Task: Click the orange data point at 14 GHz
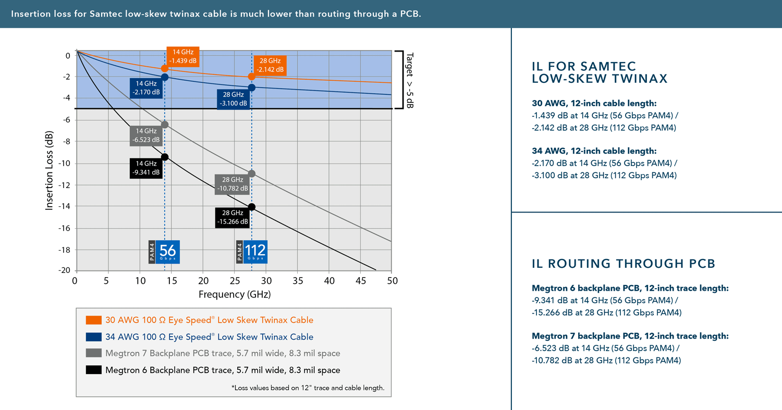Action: pyautogui.click(x=165, y=68)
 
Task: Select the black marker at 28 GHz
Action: pyautogui.click(x=252, y=207)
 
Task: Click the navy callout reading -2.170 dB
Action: pyautogui.click(x=146, y=88)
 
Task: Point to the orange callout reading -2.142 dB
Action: pyautogui.click(x=271, y=65)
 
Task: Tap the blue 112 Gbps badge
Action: pyautogui.click(x=255, y=252)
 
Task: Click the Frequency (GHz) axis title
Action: pyautogui.click(x=235, y=294)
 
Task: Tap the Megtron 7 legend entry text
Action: pyautogui.click(x=223, y=353)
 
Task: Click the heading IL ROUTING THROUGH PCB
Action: pyautogui.click(x=623, y=264)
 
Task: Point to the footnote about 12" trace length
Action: pyautogui.click(x=307, y=388)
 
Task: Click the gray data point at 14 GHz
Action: pyautogui.click(x=165, y=125)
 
